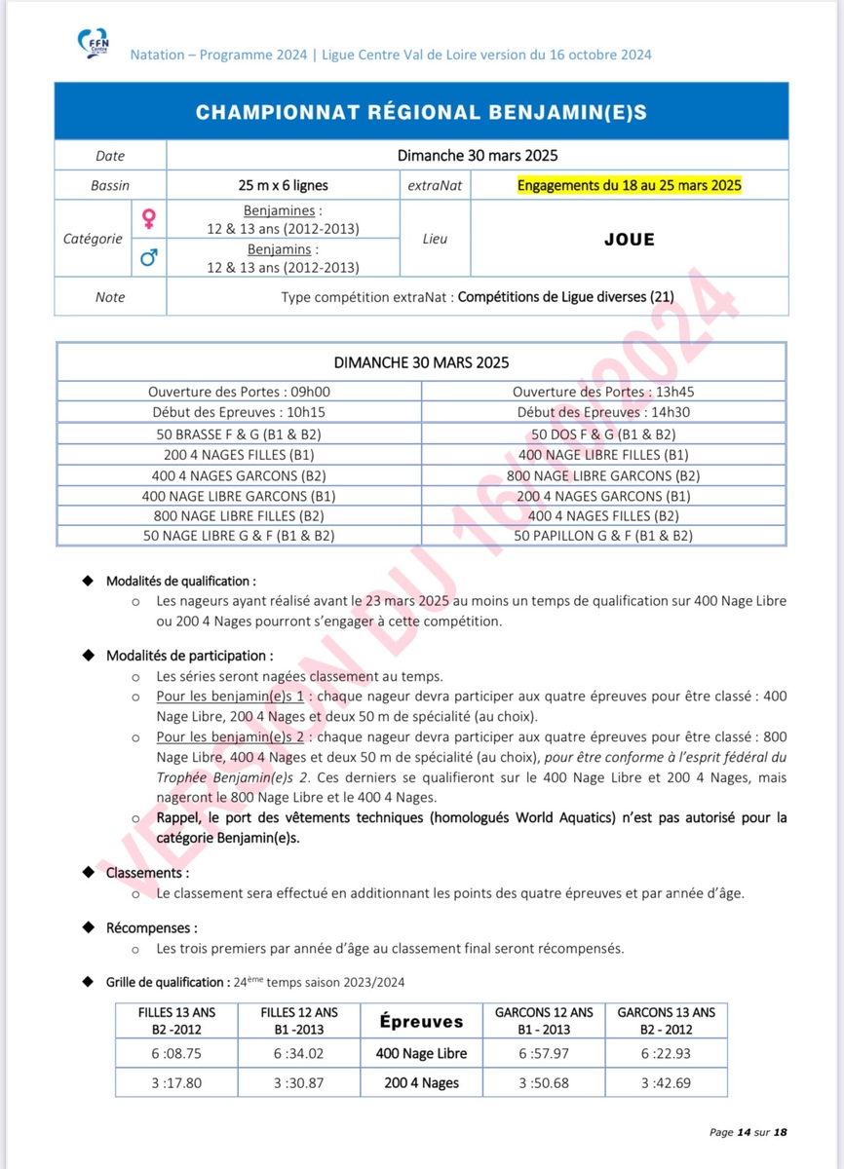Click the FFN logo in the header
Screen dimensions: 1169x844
point(94,44)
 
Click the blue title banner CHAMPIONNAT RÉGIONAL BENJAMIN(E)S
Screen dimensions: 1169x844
point(421,112)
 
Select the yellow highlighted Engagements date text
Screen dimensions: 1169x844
point(630,185)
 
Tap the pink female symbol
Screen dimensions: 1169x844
point(148,218)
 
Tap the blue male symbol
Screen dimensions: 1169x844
point(148,257)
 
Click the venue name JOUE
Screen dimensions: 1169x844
point(629,239)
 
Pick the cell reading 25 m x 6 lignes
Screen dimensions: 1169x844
point(283,185)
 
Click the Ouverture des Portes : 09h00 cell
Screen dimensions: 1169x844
point(239,392)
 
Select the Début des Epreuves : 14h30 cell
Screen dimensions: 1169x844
point(603,412)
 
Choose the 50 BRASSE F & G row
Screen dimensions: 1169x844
point(239,434)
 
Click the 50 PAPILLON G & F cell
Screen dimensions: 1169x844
point(603,536)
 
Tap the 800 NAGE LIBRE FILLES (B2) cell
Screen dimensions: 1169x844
point(239,515)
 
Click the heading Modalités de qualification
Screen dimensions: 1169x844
point(180,581)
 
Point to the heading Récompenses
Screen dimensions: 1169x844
point(151,927)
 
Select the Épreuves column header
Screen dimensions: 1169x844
point(421,1021)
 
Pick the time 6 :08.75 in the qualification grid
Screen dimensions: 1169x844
point(176,1053)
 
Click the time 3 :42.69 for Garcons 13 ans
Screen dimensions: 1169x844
point(666,1082)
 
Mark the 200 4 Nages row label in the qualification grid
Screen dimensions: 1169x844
point(421,1082)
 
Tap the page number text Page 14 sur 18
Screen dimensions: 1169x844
point(748,1132)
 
